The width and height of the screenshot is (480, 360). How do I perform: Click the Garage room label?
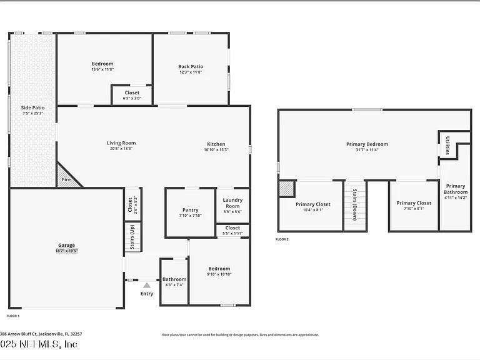[67, 246]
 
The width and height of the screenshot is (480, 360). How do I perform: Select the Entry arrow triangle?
[147, 285]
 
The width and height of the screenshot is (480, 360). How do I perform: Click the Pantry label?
[190, 211]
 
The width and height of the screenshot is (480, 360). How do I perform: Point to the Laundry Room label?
[232, 203]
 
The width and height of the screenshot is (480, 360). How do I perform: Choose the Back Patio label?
[191, 67]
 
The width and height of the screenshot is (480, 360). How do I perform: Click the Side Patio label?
[33, 107]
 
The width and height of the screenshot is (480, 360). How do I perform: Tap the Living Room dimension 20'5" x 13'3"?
[121, 149]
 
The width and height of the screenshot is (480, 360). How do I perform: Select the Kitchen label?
[216, 144]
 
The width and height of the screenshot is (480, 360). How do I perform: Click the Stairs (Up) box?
[132, 237]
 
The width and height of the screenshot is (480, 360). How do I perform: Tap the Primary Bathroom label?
[455, 189]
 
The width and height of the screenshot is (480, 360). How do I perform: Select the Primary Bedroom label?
[367, 144]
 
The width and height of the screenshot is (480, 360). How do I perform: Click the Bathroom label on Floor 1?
[174, 279]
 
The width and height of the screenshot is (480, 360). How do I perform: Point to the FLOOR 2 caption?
[282, 239]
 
